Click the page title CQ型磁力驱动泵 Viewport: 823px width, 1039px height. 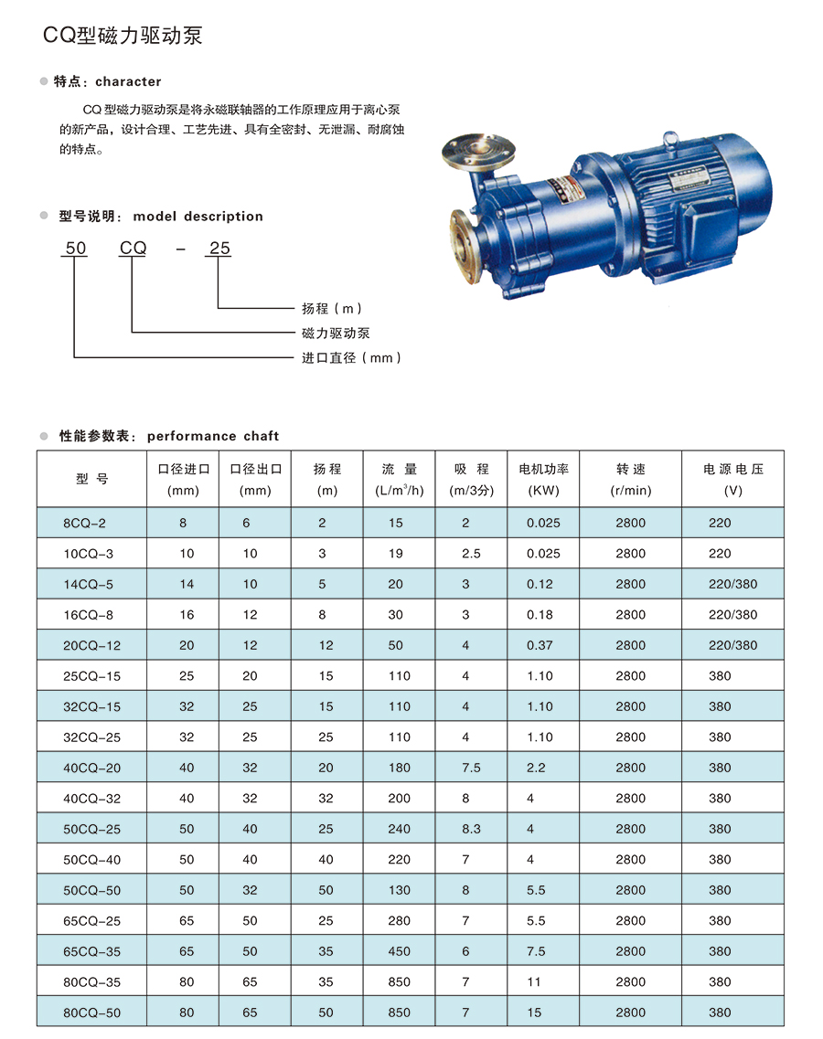pos(123,35)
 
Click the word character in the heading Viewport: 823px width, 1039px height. pos(128,81)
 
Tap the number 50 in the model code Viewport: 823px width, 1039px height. pos(76,248)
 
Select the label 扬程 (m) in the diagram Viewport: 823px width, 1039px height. pos(332,308)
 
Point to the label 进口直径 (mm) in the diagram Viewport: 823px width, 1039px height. pos(351,358)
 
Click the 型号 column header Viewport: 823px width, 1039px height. pos(91,479)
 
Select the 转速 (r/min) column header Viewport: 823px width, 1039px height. pos(631,479)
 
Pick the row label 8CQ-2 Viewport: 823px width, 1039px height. pos(84,523)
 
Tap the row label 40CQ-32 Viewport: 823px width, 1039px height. pos(91,799)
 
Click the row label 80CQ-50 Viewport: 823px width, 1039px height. pos(91,1012)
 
